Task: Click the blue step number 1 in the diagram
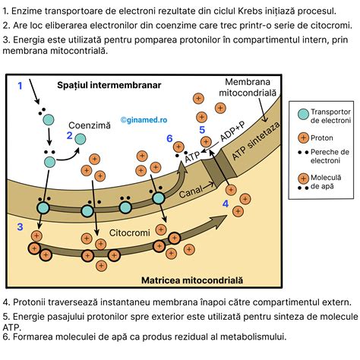coord(21,86)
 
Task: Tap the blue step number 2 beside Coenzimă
coord(70,137)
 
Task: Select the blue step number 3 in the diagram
coord(21,226)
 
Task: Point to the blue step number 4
coord(226,204)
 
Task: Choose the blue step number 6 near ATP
coord(169,138)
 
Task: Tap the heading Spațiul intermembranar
coord(109,85)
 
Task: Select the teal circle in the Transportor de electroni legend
coord(305,113)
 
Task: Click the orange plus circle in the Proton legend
coord(305,137)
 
